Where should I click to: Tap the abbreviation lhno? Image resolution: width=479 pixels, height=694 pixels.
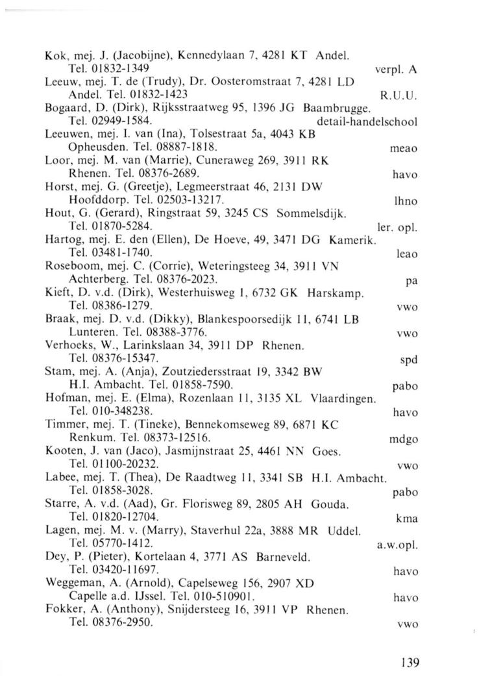(x=406, y=202)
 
